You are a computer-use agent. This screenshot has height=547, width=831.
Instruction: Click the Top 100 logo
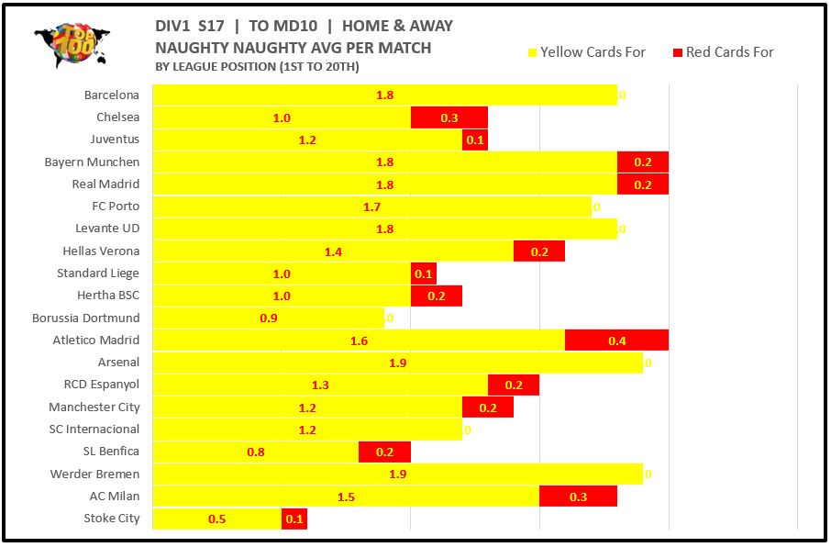[x=72, y=46]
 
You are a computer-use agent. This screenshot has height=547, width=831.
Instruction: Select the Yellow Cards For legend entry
[x=587, y=52]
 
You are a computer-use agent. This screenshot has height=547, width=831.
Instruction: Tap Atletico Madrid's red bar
[x=616, y=340]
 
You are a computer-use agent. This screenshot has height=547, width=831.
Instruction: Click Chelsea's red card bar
[x=449, y=117]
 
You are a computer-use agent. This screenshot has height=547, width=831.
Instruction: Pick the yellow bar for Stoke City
[x=216, y=519]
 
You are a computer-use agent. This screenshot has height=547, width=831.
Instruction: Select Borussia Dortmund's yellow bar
[x=268, y=318]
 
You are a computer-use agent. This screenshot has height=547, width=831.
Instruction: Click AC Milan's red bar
[x=578, y=497]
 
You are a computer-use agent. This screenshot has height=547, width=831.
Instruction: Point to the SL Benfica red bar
[x=384, y=452]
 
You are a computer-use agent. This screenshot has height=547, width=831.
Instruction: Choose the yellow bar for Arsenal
[x=397, y=363]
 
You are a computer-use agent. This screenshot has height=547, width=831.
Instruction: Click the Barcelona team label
[x=112, y=95]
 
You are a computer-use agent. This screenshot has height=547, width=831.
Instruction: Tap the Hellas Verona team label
[x=101, y=251]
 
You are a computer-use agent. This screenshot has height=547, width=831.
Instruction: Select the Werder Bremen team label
[x=94, y=474]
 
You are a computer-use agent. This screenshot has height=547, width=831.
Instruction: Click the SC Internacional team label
[x=94, y=429]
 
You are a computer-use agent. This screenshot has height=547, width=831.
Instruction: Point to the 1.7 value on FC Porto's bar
[x=371, y=207]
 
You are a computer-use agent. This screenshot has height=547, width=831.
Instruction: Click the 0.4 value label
[x=616, y=340]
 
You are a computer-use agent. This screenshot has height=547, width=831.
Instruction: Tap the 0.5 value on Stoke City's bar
[x=217, y=519]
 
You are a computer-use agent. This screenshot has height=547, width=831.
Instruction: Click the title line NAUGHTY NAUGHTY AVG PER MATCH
[x=293, y=47]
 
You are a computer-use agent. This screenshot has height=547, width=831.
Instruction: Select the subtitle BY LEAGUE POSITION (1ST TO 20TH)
[x=257, y=66]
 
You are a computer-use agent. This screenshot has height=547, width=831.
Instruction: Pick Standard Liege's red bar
[x=424, y=273]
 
